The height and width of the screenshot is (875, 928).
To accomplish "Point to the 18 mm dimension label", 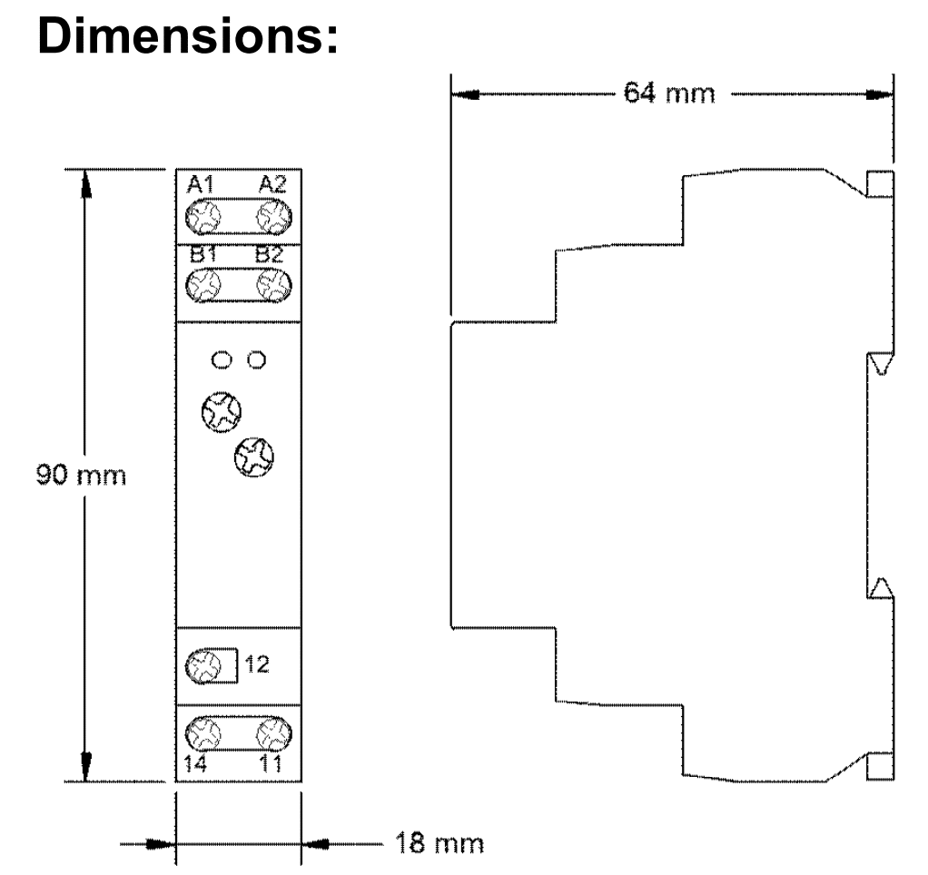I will click(440, 844).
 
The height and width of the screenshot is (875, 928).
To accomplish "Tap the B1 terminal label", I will click(201, 256).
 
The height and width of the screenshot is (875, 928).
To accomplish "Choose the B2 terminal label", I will click(270, 256).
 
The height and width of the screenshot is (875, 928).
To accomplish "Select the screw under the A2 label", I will click(272, 218).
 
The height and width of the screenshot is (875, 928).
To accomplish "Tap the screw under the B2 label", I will click(271, 288).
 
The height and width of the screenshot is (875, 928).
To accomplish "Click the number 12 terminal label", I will click(257, 665).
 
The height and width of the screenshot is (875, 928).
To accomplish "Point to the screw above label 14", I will click(202, 731).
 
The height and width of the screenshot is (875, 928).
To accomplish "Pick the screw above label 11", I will click(271, 731).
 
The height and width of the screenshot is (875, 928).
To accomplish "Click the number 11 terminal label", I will click(271, 763).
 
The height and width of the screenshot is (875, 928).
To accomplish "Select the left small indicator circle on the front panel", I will click(221, 360).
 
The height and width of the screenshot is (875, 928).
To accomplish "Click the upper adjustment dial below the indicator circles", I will click(221, 411).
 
